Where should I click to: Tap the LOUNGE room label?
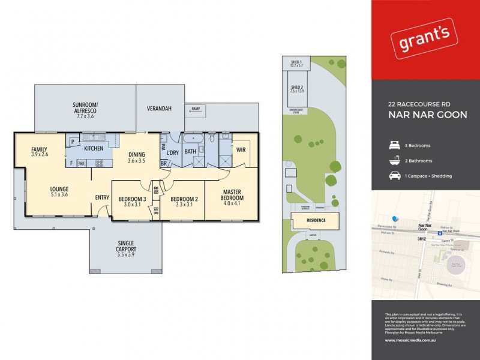pos(59,191)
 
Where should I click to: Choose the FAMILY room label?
pos(39,151)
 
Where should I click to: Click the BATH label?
pos(191,152)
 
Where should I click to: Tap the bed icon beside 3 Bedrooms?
pos(395,145)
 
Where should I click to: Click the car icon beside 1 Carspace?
pos(395,176)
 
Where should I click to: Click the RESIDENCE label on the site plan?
pos(317,220)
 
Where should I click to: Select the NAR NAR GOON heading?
pos(428,115)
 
